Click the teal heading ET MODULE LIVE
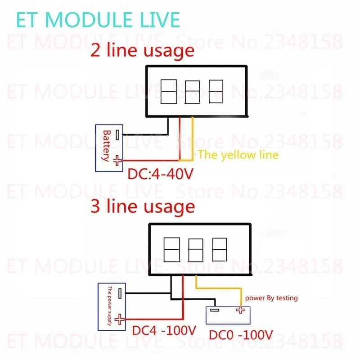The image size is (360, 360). (x=98, y=20)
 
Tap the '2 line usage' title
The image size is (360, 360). (x=142, y=51)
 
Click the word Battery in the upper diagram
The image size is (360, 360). (x=107, y=146)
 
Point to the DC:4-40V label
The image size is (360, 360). (x=161, y=174)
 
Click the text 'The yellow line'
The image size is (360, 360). (x=238, y=155)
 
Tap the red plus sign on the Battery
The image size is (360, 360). (x=117, y=160)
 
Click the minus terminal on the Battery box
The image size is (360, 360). (x=117, y=135)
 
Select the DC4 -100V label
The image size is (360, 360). (x=164, y=331)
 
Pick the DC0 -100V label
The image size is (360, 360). (x=241, y=335)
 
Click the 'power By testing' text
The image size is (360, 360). (x=271, y=298)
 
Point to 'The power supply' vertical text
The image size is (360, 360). (x=109, y=306)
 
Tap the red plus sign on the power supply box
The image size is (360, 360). (x=119, y=319)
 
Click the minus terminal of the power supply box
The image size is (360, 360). (x=120, y=293)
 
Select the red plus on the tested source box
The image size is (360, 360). (x=240, y=310)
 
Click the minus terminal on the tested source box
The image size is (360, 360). (x=215, y=310)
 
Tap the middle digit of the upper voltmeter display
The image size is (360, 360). (x=193, y=92)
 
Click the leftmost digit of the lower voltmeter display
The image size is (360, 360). (x=172, y=250)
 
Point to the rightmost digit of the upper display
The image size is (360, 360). (x=216, y=91)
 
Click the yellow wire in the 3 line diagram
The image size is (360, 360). (x=219, y=288)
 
